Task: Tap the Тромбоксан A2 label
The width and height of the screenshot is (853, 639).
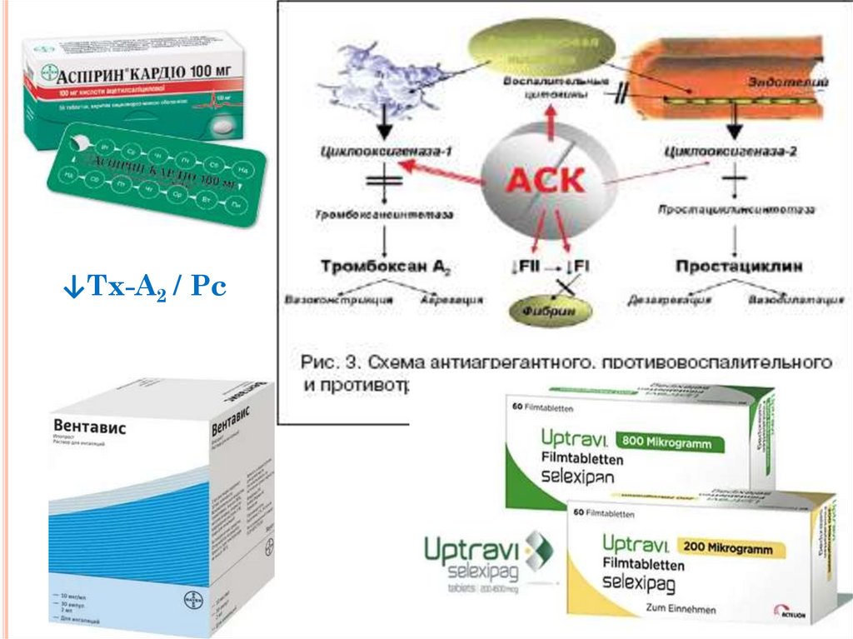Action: coord(384,267)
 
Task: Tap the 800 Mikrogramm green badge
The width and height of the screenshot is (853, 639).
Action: coord(669,442)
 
